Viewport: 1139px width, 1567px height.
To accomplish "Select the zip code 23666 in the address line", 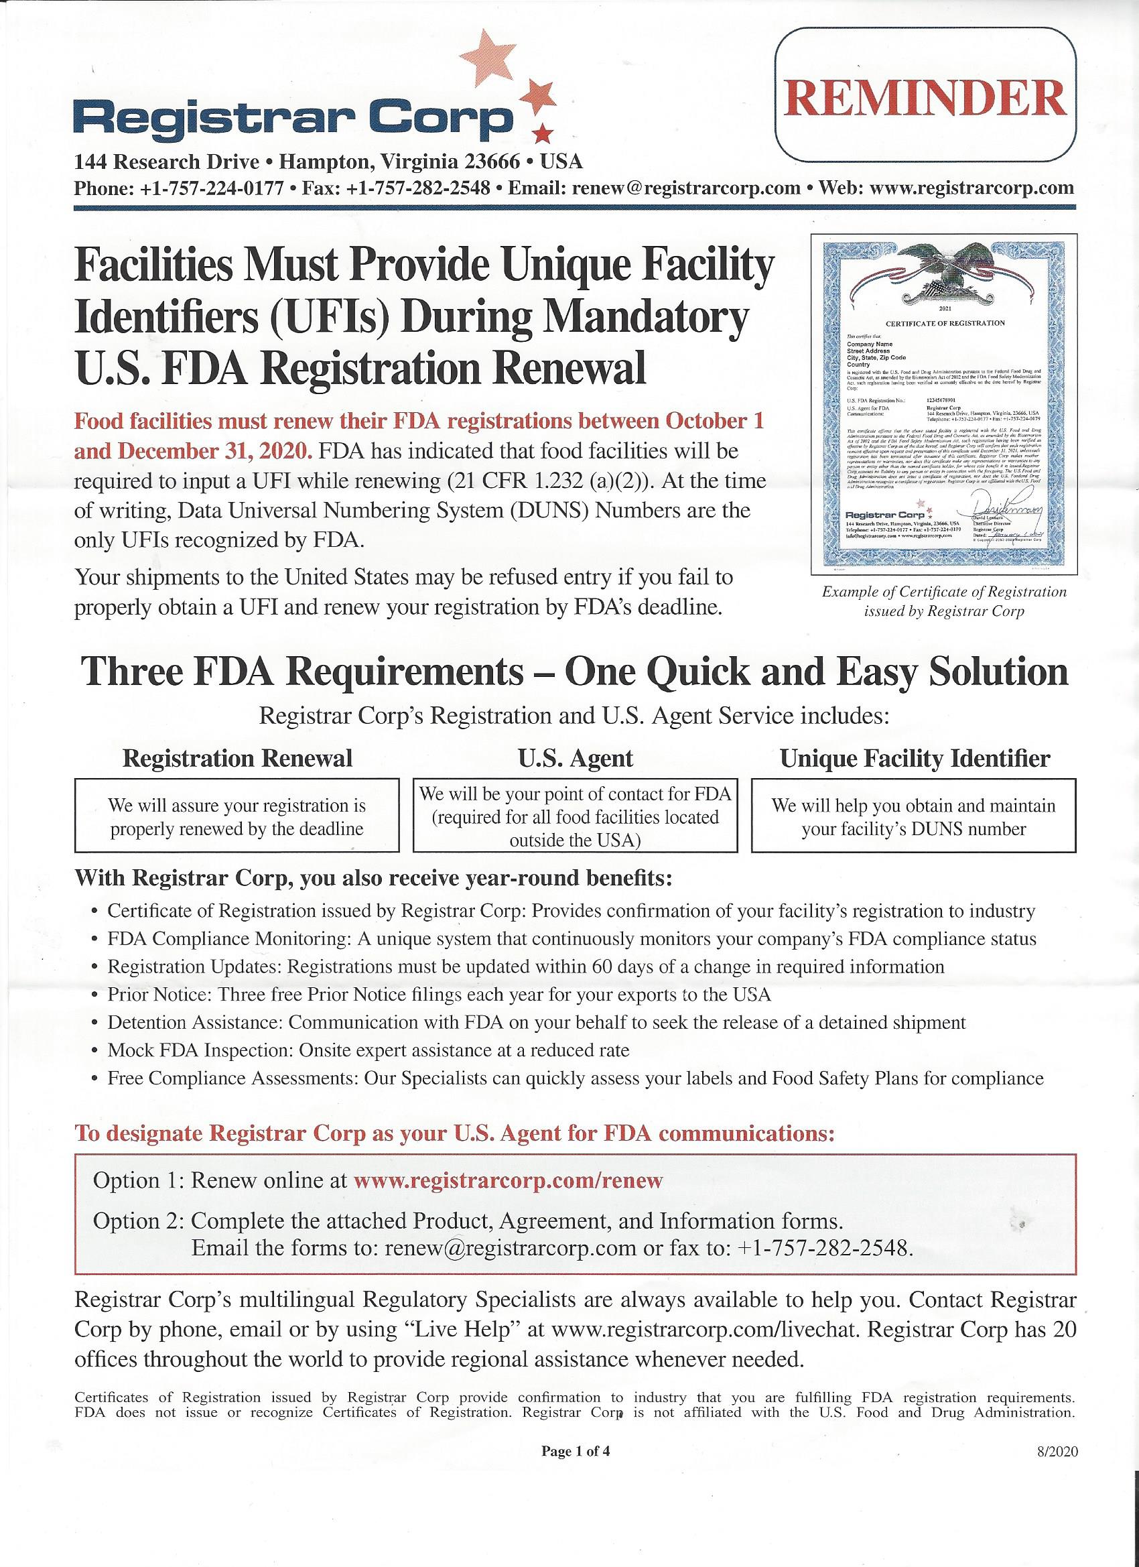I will (x=492, y=162).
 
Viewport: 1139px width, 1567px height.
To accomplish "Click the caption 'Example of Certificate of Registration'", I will (x=943, y=591).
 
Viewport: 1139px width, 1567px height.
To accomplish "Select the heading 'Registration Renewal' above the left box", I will (x=237, y=759).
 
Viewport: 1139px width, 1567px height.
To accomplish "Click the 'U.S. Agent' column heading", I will (x=576, y=759).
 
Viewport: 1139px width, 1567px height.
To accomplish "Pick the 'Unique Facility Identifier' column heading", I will (x=915, y=759).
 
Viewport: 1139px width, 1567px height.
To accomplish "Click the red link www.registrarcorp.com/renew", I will (x=508, y=1180).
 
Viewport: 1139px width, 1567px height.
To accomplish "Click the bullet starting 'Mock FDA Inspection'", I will (x=368, y=1051).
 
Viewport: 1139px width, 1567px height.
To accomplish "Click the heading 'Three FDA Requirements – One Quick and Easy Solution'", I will (x=576, y=672).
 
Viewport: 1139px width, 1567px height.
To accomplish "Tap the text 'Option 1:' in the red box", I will (x=138, y=1180).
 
